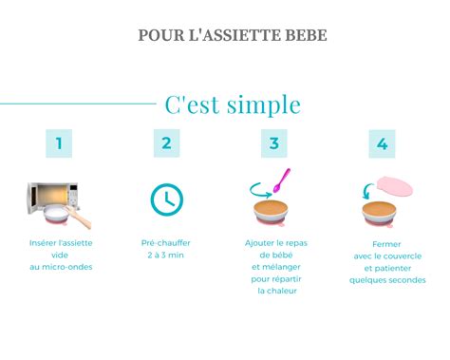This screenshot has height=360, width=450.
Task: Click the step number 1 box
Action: tap(59, 143)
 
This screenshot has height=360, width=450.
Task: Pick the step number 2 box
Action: tap(166, 143)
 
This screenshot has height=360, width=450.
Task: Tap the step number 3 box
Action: tap(274, 143)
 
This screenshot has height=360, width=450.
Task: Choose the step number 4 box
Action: tap(382, 143)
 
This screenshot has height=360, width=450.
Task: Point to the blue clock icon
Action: tap(167, 199)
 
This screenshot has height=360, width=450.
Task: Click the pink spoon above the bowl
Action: tap(281, 180)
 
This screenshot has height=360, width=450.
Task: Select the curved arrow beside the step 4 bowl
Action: tap(368, 190)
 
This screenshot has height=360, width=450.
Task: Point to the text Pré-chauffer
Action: tap(167, 243)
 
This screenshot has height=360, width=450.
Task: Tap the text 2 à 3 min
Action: tap(167, 256)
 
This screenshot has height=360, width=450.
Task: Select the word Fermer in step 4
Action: tap(381, 243)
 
